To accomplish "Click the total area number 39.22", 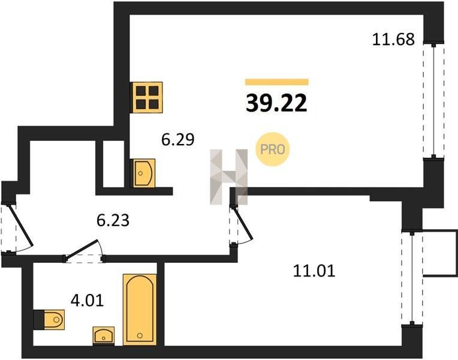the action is pyautogui.click(x=276, y=103).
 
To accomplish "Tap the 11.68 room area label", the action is pyautogui.click(x=393, y=39).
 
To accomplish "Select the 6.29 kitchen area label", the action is pyautogui.click(x=178, y=139).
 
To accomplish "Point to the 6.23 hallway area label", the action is pyautogui.click(x=113, y=220).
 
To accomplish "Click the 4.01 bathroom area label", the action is pyautogui.click(x=88, y=300).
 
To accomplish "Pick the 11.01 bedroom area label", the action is pyautogui.click(x=314, y=271).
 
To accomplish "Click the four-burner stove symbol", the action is pyautogui.click(x=146, y=97).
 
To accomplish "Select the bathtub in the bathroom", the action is pyautogui.click(x=140, y=310).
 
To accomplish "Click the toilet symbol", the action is pyautogui.click(x=49, y=320).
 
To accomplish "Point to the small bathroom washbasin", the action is pyautogui.click(x=104, y=335).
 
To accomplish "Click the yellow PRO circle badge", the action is pyautogui.click(x=272, y=149).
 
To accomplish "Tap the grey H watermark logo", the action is pyautogui.click(x=229, y=176).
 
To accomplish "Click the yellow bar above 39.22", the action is pyautogui.click(x=277, y=82).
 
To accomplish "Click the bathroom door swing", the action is pyautogui.click(x=84, y=251).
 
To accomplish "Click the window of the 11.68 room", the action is pyautogui.click(x=434, y=101).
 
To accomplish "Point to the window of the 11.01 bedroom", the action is pyautogui.click(x=412, y=278).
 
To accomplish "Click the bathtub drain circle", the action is pyautogui.click(x=140, y=335).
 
